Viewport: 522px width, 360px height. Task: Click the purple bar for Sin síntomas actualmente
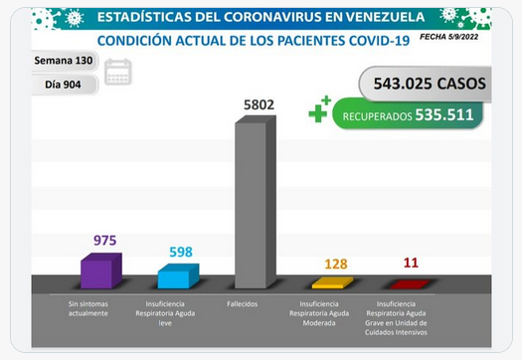pos(101,270)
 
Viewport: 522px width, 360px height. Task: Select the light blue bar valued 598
pos(178,276)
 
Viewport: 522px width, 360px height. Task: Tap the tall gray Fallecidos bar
pos(256,202)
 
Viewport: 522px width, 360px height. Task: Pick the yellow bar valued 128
pos(332,282)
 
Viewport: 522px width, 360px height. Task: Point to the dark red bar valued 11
pos(410,284)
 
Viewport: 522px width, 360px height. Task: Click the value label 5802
pos(259,104)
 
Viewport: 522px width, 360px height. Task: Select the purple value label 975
pos(104,240)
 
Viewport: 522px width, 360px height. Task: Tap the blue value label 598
pos(181,253)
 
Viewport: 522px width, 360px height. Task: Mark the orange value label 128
pos(336,265)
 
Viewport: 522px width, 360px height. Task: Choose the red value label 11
pos(411,263)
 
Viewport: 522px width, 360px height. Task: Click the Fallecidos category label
pos(243,304)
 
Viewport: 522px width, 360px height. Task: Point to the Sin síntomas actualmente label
pos(88,308)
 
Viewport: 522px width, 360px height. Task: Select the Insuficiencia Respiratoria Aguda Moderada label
pos(319,313)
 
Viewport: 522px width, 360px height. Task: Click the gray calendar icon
pos(118,72)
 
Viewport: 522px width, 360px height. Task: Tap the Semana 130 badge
pos(64,61)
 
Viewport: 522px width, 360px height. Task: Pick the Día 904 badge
pos(64,85)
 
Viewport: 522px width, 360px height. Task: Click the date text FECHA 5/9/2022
pos(448,37)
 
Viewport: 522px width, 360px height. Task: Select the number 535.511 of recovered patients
pos(444,115)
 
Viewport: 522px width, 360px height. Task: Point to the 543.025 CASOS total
pos(430,84)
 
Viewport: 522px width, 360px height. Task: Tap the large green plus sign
pos(317,113)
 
